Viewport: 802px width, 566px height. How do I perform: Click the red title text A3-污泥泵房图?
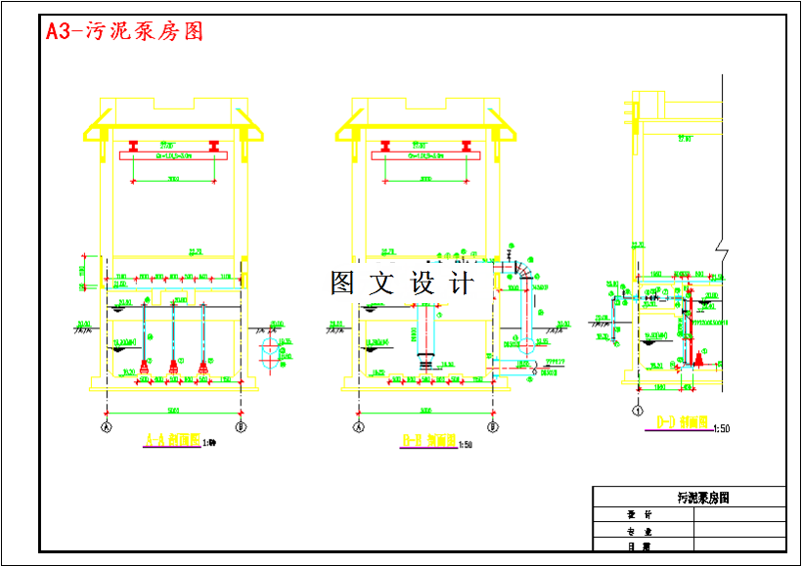(124, 31)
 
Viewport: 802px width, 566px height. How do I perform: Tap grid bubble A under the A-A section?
(105, 427)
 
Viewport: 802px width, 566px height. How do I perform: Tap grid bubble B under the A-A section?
(242, 427)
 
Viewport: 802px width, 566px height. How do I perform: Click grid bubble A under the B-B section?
(358, 427)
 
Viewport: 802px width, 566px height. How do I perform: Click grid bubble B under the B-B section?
(495, 427)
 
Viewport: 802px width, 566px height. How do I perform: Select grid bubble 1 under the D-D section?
(639, 411)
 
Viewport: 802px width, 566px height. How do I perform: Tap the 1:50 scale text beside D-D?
(723, 428)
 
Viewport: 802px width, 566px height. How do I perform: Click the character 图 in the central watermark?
(342, 283)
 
